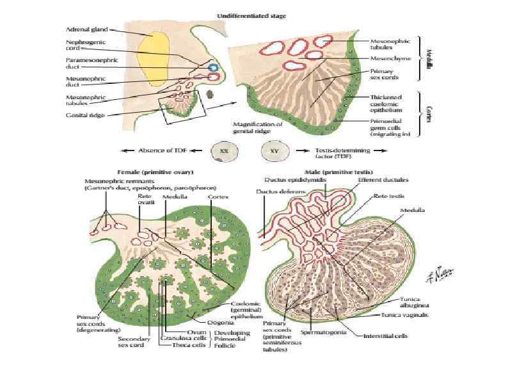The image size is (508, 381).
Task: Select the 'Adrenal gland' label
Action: click(86, 29)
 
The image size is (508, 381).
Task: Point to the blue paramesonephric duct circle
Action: click(214, 67)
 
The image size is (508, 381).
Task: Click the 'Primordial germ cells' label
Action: click(377, 131)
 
